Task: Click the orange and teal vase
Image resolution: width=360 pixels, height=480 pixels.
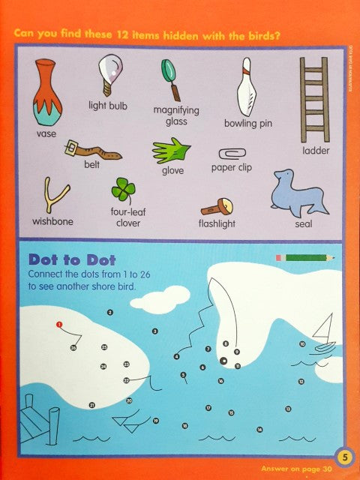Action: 46,91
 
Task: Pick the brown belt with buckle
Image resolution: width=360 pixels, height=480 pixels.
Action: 91,149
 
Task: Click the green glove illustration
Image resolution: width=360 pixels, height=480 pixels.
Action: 172,151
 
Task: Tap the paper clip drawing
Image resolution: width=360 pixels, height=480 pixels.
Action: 231,152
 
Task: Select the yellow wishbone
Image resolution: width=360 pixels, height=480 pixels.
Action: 52,196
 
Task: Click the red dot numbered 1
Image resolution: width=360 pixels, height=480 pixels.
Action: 58,325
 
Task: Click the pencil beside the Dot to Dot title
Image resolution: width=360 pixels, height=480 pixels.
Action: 304,257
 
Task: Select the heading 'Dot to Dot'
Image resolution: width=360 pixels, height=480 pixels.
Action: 64,259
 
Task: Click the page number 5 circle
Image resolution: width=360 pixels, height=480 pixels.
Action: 342,454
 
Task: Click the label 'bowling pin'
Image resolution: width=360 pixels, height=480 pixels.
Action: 247,124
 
